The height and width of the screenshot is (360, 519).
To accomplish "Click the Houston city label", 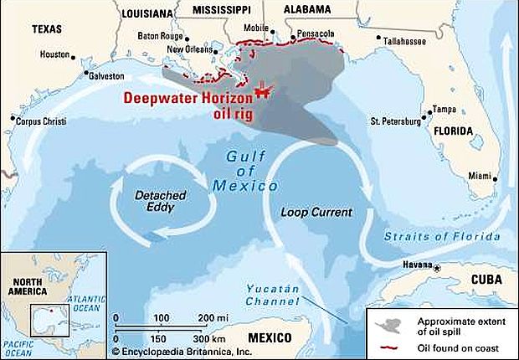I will click(54, 54).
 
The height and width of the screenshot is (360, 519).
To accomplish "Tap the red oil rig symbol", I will click(263, 87).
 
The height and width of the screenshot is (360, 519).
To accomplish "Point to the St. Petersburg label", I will click(395, 122).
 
